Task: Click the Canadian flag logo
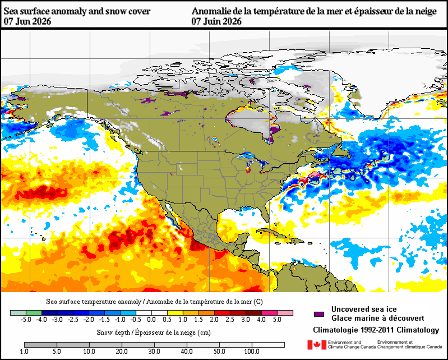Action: [x=317, y=344]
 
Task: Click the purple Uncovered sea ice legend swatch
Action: [x=319, y=314]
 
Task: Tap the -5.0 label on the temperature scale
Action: [x=26, y=320]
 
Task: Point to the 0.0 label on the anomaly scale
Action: [x=151, y=320]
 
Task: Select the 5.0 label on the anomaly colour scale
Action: [x=277, y=320]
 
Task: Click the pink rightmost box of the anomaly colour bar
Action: [x=285, y=313]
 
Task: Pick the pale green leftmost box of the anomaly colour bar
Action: [x=18, y=313]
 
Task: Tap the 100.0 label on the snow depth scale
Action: [x=252, y=351]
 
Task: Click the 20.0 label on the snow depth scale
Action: [x=122, y=351]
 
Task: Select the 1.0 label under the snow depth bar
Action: [x=24, y=351]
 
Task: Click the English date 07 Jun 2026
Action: [x=27, y=21]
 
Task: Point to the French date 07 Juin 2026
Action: [x=216, y=21]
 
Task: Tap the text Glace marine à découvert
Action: [x=378, y=318]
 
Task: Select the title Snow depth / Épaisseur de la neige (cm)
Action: [x=154, y=333]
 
